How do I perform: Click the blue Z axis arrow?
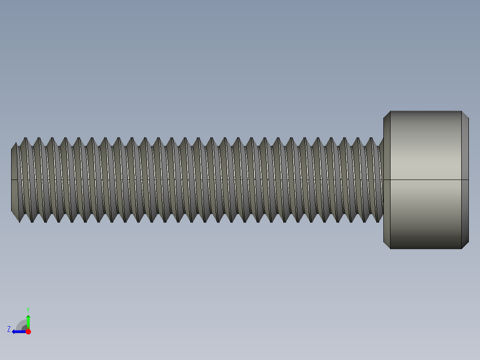(18, 331)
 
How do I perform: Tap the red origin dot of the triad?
(28, 331)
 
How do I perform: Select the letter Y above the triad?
(28, 309)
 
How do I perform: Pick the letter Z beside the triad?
(9, 329)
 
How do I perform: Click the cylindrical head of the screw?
(425, 151)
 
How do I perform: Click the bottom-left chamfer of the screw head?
(387, 245)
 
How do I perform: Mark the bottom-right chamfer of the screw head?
(465, 245)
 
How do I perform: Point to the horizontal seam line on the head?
(425, 180)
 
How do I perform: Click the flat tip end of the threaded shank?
(14, 196)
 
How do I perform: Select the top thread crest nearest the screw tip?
(25, 139)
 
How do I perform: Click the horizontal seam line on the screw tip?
(14, 180)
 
